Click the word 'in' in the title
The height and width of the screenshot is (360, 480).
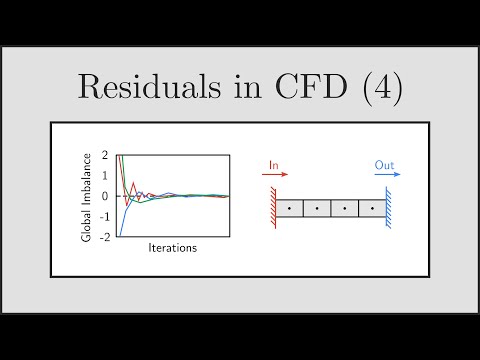click(x=236, y=87)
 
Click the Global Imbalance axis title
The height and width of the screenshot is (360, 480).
click(x=89, y=196)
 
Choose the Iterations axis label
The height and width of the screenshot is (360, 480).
click(x=172, y=248)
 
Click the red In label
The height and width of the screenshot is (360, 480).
click(x=275, y=163)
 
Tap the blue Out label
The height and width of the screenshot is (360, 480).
click(x=385, y=163)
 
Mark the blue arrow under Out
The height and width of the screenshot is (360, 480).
click(x=388, y=174)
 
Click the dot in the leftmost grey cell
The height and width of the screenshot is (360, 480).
click(x=290, y=210)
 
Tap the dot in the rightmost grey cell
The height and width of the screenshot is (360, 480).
click(x=373, y=210)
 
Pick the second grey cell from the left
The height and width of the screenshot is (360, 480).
click(x=318, y=209)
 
